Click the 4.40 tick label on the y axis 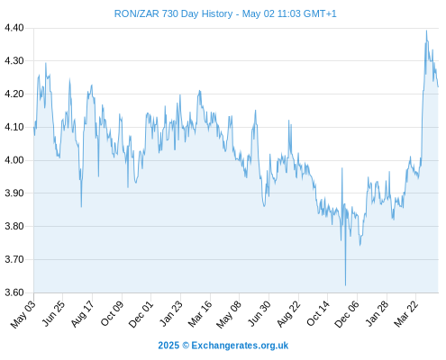coord(14,28)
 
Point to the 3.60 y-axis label coord(14,292)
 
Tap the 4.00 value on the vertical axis coord(14,160)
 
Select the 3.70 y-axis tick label coord(14,259)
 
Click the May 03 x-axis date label coord(23,313)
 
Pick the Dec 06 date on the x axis coord(347,313)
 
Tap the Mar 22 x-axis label coord(406,313)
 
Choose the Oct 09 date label coord(112,313)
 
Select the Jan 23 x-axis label coord(170,313)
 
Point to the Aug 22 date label coord(288,313)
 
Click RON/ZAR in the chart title coord(137,13)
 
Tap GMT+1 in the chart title coord(320,13)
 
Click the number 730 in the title coord(170,13)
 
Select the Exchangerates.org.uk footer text coord(240,346)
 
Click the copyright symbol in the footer coord(186,346)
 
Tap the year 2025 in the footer coord(168,346)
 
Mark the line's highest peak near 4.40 coord(426,31)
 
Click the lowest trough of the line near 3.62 coord(345,285)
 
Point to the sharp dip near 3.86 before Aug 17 coord(81,207)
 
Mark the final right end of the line coord(438,87)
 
